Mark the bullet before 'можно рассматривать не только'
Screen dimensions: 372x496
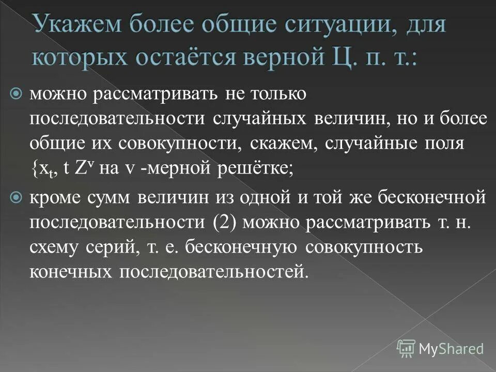pos(16,94)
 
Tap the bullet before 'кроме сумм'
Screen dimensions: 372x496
pos(16,197)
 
